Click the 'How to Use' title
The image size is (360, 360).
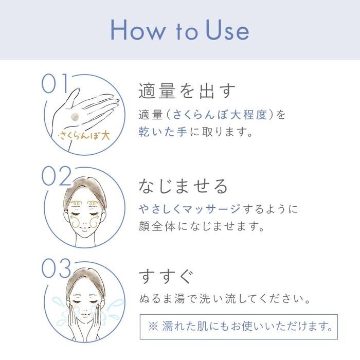[180, 30]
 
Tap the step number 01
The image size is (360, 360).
[55, 83]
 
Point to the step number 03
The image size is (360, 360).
[56, 268]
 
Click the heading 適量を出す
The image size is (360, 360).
[187, 91]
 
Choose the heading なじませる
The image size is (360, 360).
[183, 186]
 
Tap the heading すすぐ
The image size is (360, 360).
[166, 277]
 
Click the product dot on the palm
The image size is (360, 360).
[75, 117]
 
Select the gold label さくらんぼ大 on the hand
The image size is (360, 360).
[85, 136]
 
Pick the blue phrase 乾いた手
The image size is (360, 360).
[163, 132]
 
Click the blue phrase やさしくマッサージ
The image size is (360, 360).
[189, 209]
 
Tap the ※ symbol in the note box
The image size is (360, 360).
[153, 326]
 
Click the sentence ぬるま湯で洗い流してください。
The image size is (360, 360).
[225, 299]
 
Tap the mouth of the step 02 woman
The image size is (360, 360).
[84, 228]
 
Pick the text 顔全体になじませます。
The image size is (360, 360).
[202, 226]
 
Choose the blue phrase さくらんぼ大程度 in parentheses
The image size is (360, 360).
[220, 115]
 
